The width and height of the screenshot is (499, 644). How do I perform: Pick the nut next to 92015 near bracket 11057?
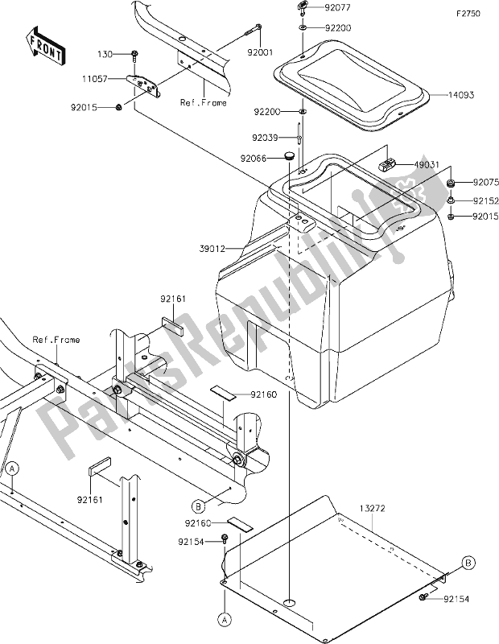pyautogui.click(x=118, y=107)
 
